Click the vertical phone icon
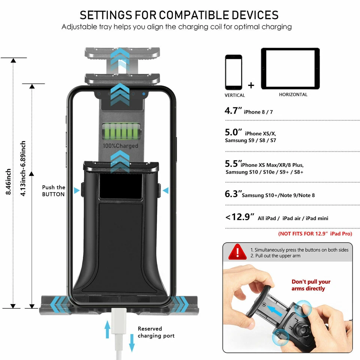(x=234, y=72)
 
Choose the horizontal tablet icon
(x=290, y=69)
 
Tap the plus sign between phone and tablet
(x=251, y=85)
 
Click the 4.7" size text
(x=233, y=111)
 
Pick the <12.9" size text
(x=240, y=217)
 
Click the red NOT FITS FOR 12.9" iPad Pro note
(x=315, y=234)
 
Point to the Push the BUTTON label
(x=54, y=190)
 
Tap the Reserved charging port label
(x=156, y=332)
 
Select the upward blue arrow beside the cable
(x=108, y=329)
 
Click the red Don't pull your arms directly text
(x=311, y=285)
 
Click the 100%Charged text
(x=121, y=146)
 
